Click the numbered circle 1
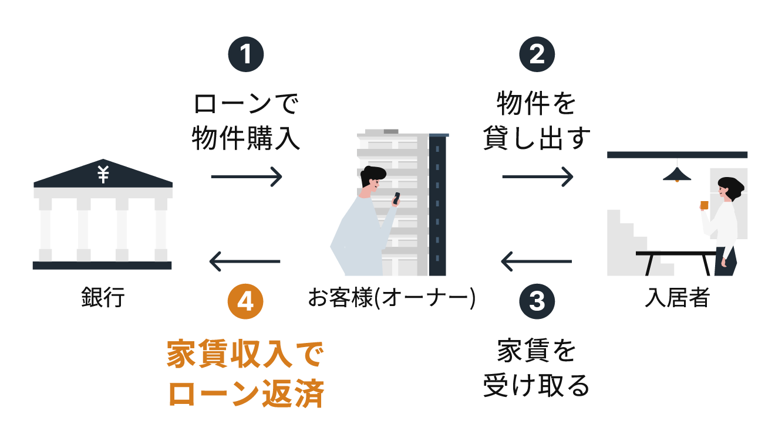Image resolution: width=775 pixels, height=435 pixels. (x=245, y=55)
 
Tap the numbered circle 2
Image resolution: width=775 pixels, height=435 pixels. (x=537, y=55)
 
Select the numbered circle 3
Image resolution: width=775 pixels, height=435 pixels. (x=537, y=301)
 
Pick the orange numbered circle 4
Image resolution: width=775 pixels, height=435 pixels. (x=245, y=301)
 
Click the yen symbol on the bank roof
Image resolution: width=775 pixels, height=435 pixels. (x=103, y=174)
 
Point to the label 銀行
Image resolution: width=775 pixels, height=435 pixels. (x=103, y=297)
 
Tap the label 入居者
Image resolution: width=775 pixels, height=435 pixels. (x=677, y=297)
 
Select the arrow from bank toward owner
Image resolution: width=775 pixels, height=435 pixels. (x=247, y=176)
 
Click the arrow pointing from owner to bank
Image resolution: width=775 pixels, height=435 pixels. (x=245, y=261)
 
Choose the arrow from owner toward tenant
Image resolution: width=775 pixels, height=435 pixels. (x=537, y=176)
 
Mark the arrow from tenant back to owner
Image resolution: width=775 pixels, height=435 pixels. (x=536, y=261)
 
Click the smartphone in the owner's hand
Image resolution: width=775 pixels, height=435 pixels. (x=396, y=198)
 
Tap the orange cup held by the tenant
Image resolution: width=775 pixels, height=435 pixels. (x=704, y=205)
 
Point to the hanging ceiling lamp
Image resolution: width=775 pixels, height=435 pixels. (x=677, y=175)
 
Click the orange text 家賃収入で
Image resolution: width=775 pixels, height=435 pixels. (x=245, y=355)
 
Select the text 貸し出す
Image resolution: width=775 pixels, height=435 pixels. (x=537, y=140)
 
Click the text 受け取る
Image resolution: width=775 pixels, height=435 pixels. (x=537, y=386)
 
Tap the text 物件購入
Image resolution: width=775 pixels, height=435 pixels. (x=245, y=140)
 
